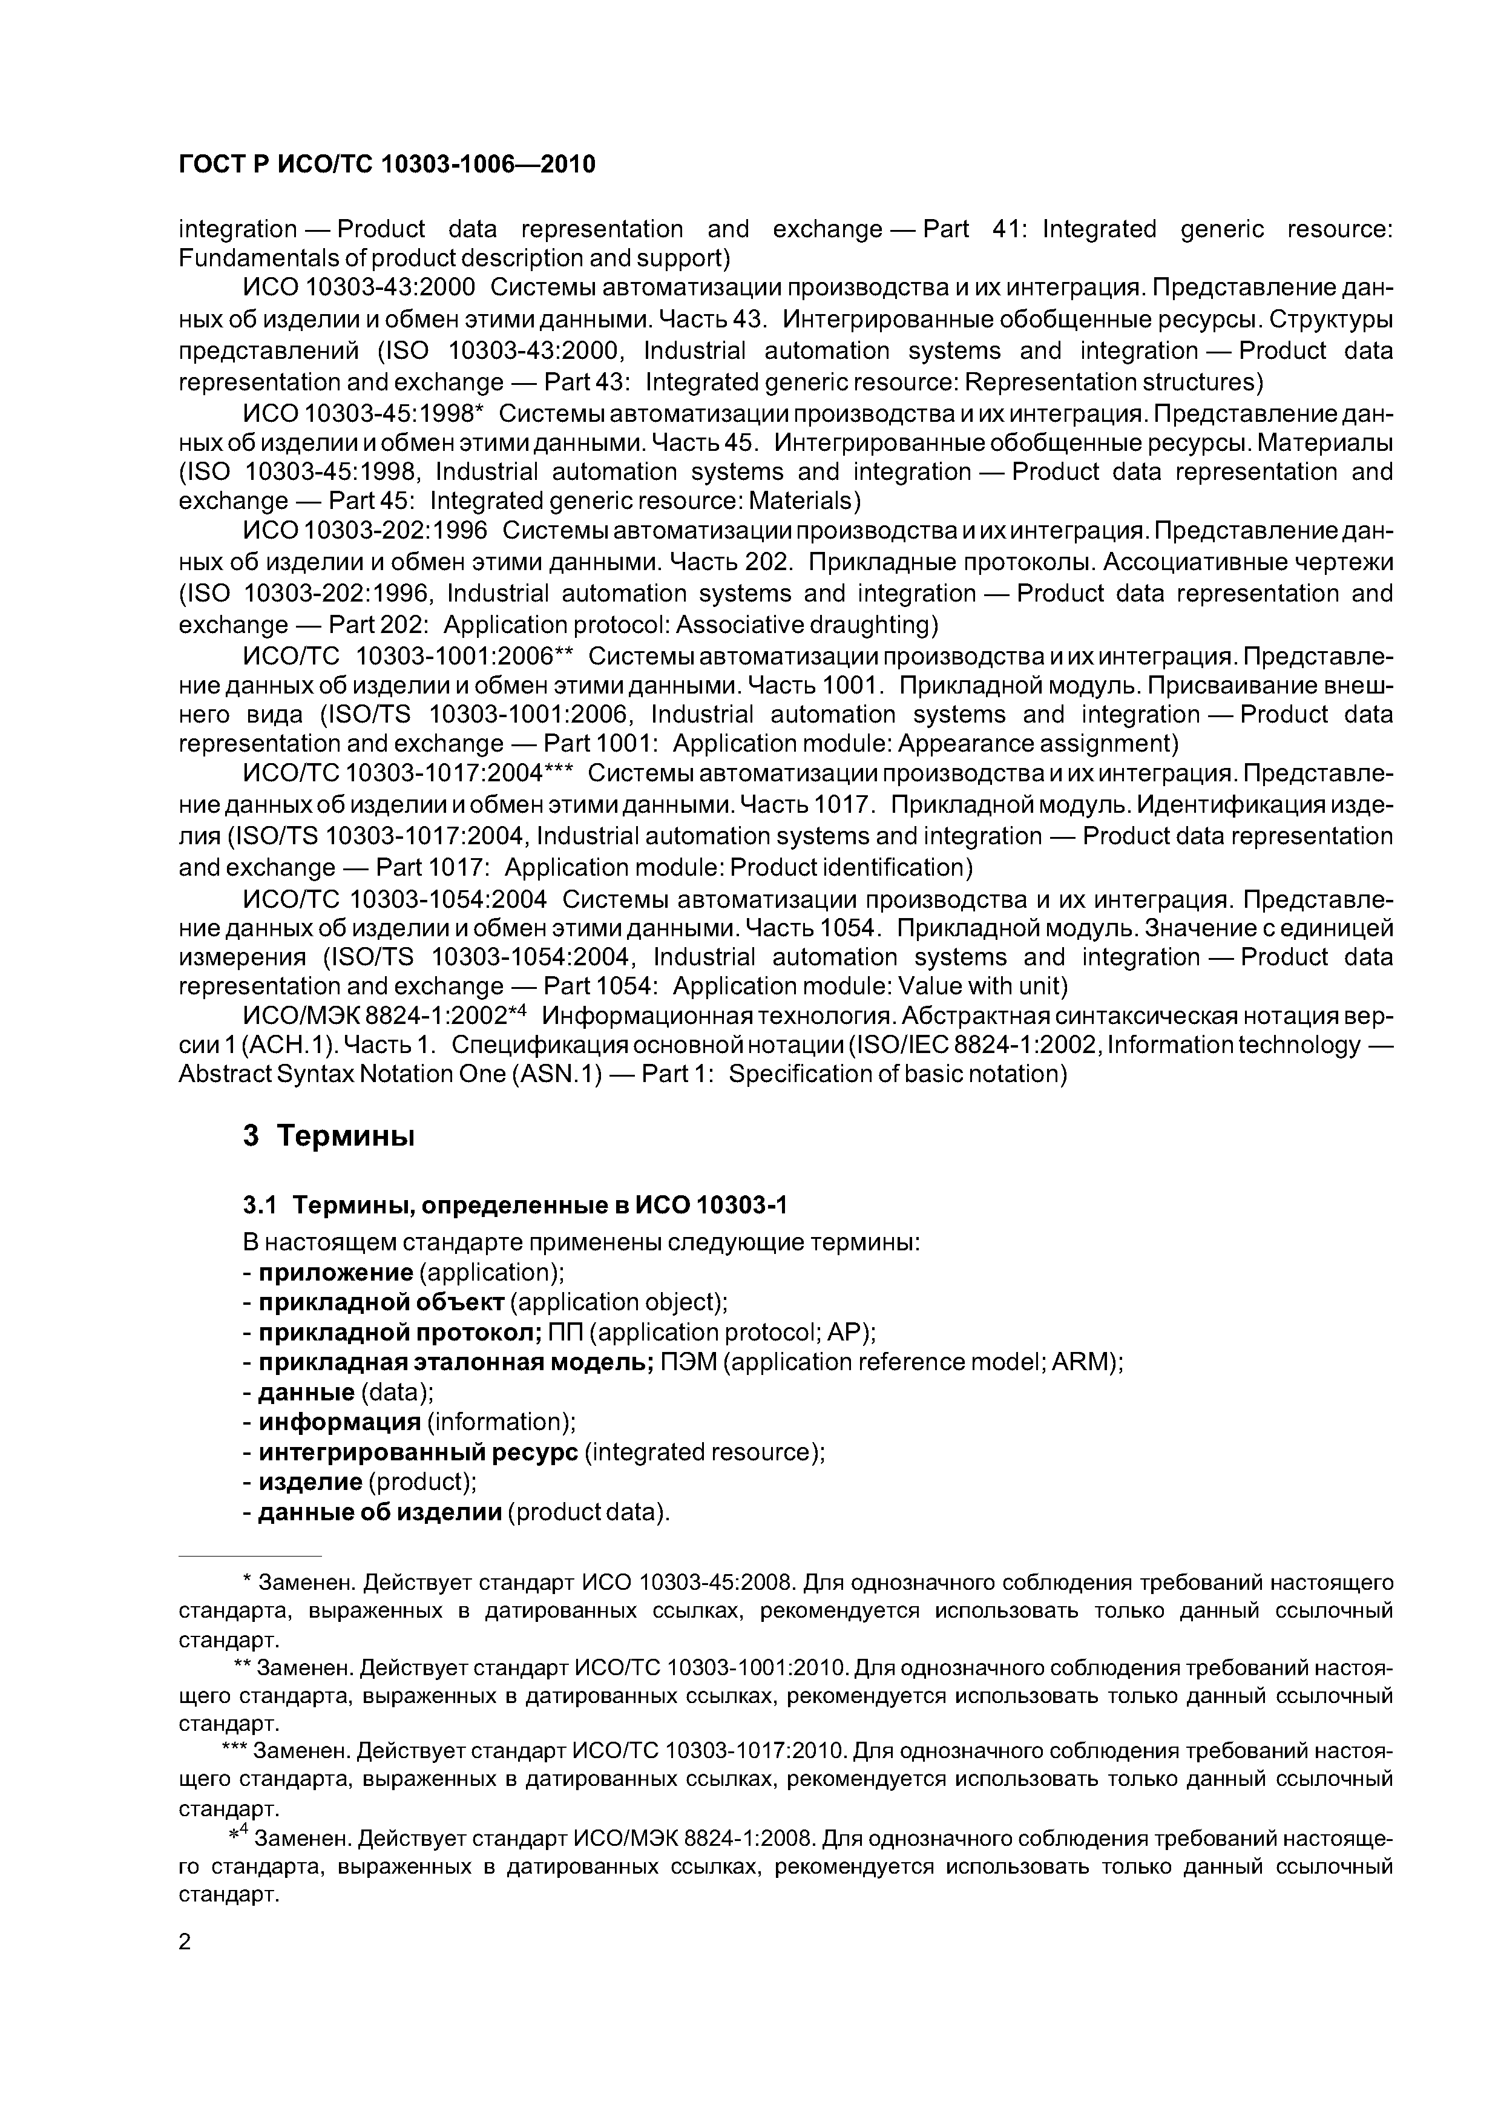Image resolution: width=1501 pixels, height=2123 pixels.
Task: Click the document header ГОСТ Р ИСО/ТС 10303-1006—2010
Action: pyautogui.click(x=387, y=165)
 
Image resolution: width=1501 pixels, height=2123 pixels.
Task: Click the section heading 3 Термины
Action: pyautogui.click(x=328, y=1135)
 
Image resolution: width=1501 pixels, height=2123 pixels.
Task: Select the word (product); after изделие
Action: pyautogui.click(x=422, y=1482)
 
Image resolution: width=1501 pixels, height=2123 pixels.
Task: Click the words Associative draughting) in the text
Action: pyautogui.click(x=807, y=625)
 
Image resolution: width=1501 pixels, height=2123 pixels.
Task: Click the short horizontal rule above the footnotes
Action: pyautogui.click(x=250, y=1556)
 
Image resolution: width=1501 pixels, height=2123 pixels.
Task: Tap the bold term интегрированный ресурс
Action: pyautogui.click(x=418, y=1452)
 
